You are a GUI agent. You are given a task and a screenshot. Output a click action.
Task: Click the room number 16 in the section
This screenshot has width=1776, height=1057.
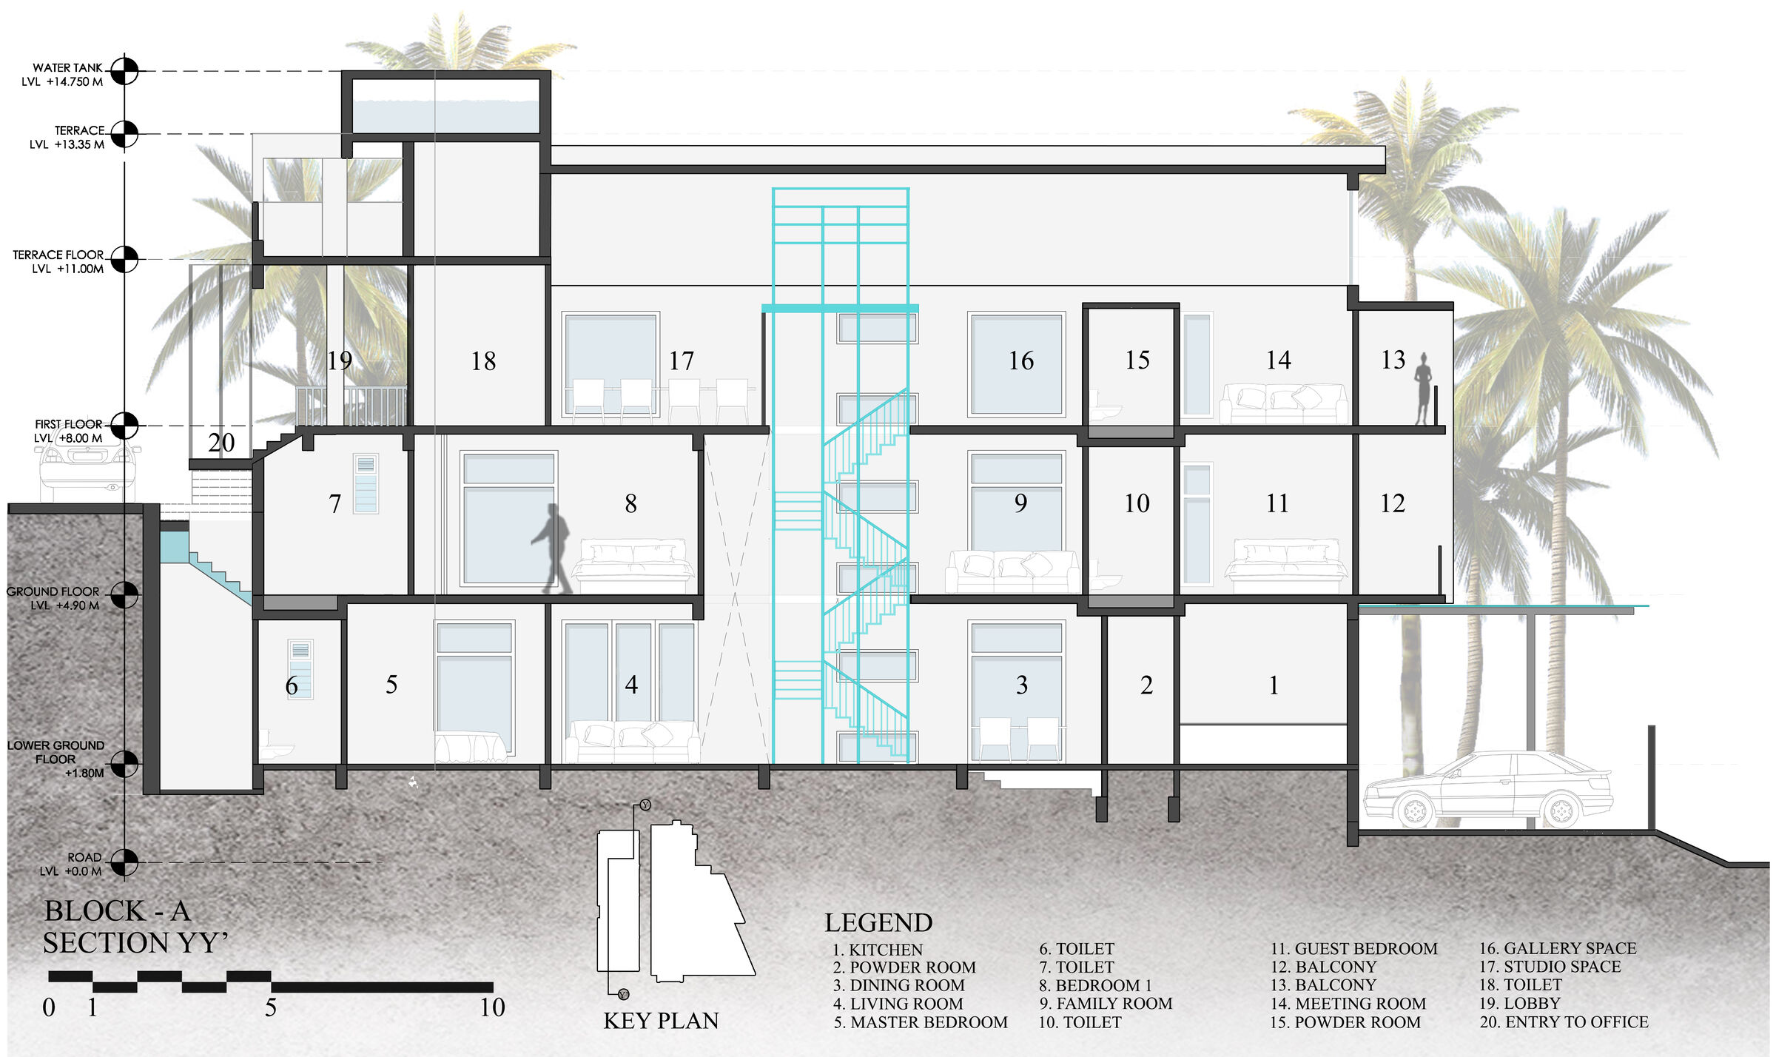click(x=1021, y=360)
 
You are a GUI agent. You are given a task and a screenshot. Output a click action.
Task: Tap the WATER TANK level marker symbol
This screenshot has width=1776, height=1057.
click(x=124, y=71)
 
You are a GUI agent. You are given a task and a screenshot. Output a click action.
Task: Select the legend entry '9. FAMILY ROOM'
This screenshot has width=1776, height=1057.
click(x=1106, y=1004)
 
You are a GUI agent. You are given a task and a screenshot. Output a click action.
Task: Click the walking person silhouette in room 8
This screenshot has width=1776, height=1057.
click(x=551, y=548)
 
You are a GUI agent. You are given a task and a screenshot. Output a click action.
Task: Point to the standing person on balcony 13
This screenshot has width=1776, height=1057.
click(x=1422, y=389)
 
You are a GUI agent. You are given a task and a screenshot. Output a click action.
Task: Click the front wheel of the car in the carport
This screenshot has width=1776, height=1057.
click(x=1414, y=811)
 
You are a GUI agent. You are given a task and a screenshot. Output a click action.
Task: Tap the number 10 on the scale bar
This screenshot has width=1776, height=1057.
click(x=492, y=1007)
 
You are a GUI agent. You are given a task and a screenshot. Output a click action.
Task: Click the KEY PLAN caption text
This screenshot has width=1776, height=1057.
click(x=661, y=1021)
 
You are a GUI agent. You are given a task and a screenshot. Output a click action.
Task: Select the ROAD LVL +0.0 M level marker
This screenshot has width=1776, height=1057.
click(x=124, y=862)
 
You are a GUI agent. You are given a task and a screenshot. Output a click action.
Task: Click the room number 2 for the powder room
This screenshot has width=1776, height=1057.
click(x=1146, y=685)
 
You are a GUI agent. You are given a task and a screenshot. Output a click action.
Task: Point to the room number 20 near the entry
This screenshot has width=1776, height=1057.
click(x=221, y=443)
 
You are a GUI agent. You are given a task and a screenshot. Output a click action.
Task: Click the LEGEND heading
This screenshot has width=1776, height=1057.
click(x=878, y=923)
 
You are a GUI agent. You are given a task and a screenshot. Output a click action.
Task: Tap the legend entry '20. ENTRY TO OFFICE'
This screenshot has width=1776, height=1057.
click(x=1564, y=1022)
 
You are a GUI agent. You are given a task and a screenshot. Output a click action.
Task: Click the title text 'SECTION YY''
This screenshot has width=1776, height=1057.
click(x=135, y=943)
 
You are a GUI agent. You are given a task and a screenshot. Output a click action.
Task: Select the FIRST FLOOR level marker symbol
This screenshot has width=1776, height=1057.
click(x=124, y=426)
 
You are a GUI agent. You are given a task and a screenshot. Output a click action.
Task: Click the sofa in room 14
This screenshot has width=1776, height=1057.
click(x=1283, y=403)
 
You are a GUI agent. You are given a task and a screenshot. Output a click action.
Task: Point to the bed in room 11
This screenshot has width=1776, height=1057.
click(x=1286, y=567)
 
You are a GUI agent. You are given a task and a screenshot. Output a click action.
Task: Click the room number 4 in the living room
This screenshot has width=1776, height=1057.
click(x=631, y=685)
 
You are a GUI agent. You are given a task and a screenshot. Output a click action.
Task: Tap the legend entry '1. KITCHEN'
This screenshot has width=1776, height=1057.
click(x=878, y=950)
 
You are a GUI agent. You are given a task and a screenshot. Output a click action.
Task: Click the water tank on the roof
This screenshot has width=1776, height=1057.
click(x=445, y=106)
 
